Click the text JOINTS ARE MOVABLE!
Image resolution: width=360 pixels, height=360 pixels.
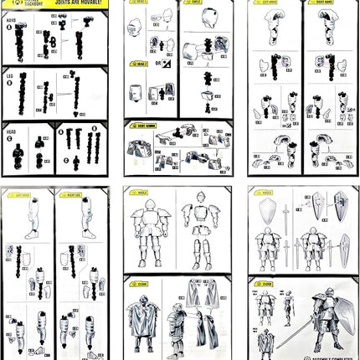tap(75, 3)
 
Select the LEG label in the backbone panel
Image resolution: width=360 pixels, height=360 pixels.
tap(9, 75)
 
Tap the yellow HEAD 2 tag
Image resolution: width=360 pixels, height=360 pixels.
tap(138, 63)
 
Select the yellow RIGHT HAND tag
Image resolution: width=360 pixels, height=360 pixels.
tap(316, 13)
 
